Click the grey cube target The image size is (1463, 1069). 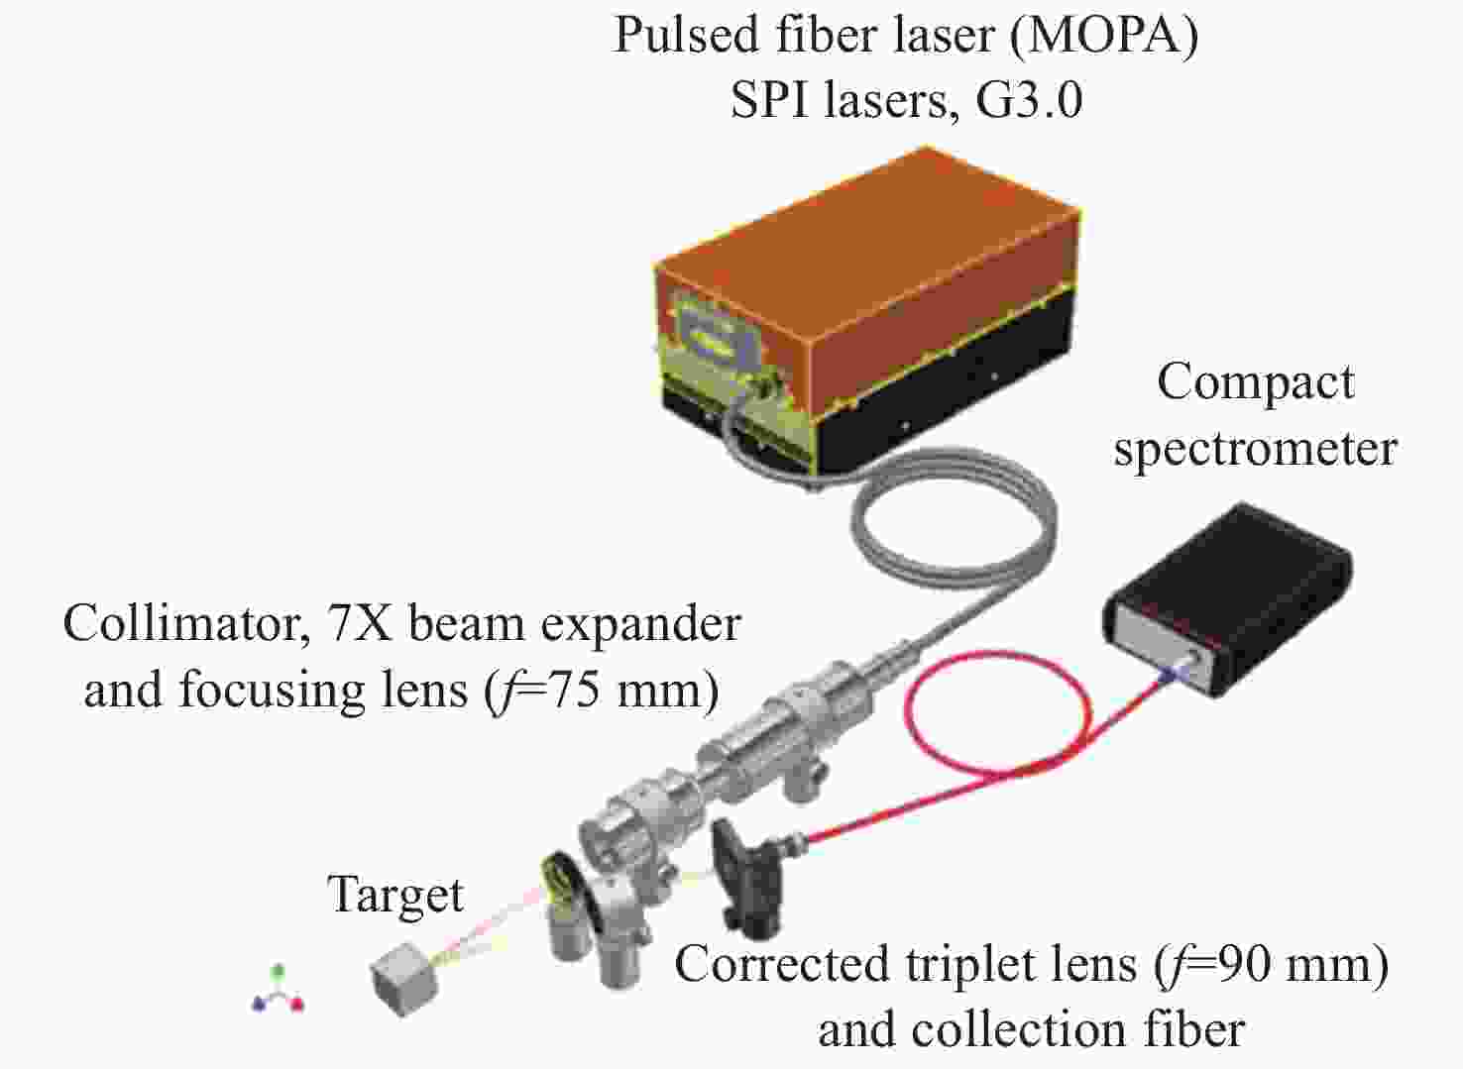click(404, 978)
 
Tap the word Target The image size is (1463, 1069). click(395, 897)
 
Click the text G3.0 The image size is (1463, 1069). click(1029, 101)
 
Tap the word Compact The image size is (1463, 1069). click(1255, 384)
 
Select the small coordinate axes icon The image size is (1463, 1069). click(279, 992)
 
